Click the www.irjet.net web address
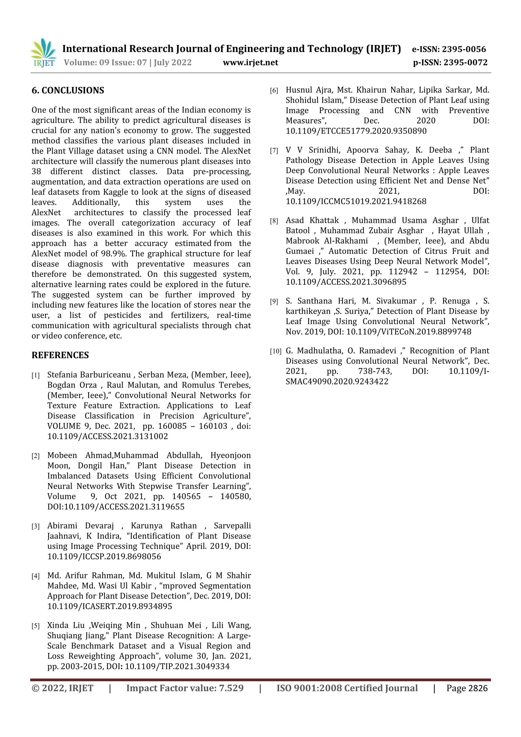tap(250, 62)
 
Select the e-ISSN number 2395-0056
tap(464, 49)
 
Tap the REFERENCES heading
tap(60, 355)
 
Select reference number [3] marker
tap(36, 526)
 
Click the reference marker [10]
tap(276, 351)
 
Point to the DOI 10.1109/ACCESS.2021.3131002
tap(108, 436)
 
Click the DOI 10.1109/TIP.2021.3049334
tap(177, 666)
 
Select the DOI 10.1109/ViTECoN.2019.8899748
tap(409, 331)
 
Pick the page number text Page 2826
tap(467, 688)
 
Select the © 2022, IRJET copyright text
tap(62, 688)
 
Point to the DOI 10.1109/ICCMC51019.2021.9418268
tap(356, 201)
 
